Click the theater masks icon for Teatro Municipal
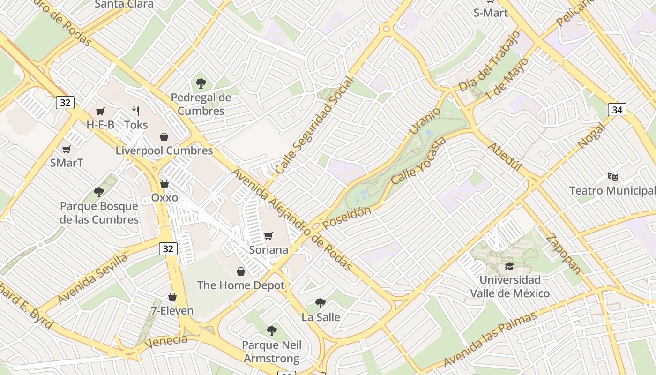(x=613, y=177)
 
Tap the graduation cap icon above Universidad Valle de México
(x=509, y=267)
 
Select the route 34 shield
(x=617, y=110)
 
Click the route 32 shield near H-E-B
(x=65, y=102)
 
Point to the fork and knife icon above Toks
(x=136, y=111)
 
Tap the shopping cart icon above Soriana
(x=268, y=236)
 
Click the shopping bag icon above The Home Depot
(x=241, y=271)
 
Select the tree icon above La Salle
(x=321, y=303)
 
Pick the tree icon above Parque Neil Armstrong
(x=271, y=331)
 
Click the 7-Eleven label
(x=172, y=310)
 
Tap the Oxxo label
(x=164, y=197)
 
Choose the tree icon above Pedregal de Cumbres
(x=201, y=84)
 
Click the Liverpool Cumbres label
(x=164, y=150)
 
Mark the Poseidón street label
(x=347, y=217)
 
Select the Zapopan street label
(x=564, y=254)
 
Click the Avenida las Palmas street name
(x=490, y=339)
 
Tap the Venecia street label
(x=166, y=341)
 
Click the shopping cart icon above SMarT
(x=66, y=150)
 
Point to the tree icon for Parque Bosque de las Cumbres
(x=98, y=192)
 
